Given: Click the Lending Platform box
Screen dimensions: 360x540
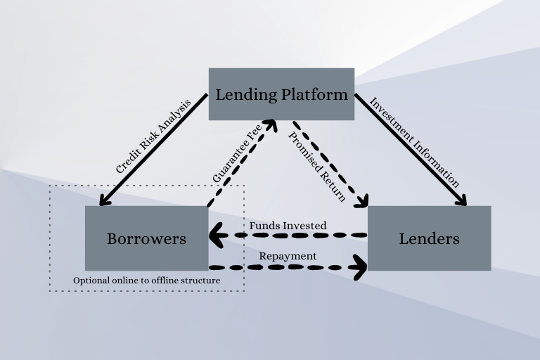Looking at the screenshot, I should [x=281, y=94].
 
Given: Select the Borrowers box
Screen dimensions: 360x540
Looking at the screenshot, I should [x=146, y=238].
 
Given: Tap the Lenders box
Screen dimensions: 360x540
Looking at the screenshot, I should [x=429, y=238].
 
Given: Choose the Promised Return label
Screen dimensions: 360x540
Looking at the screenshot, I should [x=317, y=166].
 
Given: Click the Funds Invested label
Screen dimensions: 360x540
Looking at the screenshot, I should [x=288, y=225].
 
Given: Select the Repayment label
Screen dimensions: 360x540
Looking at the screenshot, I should [x=288, y=256].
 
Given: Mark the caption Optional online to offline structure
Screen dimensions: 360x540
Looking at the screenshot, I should [x=147, y=281].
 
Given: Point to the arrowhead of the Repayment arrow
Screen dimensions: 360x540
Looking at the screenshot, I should [x=361, y=266].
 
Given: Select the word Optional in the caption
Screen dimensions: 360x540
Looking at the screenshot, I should [x=91, y=281].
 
